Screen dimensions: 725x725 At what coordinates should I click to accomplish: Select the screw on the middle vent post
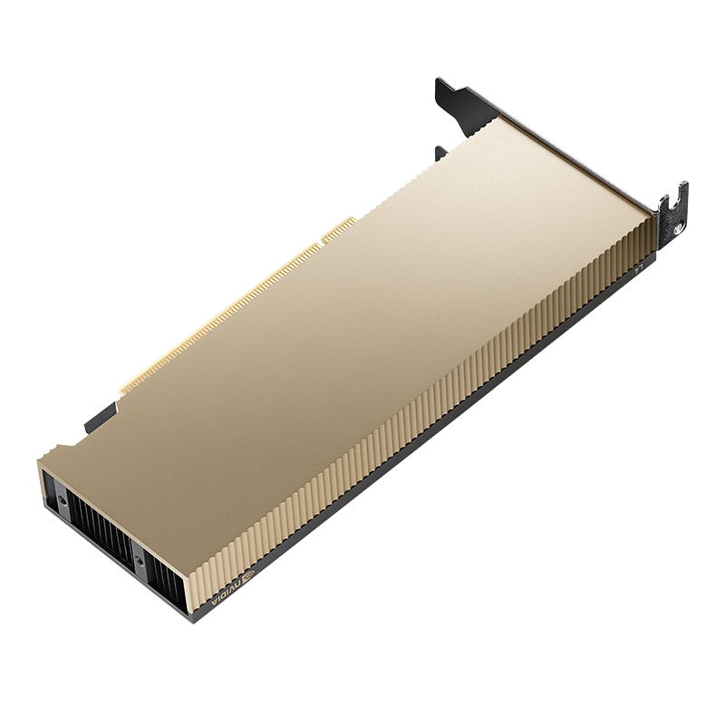coord(139,560)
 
